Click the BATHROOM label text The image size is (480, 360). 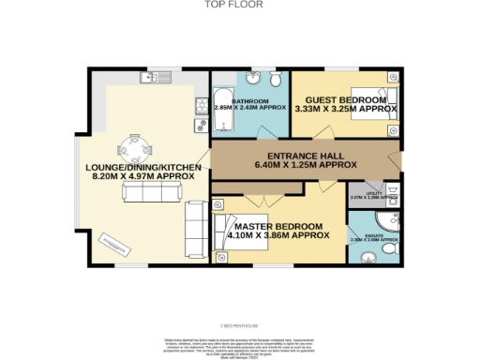(250, 100)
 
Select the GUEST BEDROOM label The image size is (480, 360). (340, 99)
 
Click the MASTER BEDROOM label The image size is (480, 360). (278, 227)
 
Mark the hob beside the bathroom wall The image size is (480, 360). (200, 103)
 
